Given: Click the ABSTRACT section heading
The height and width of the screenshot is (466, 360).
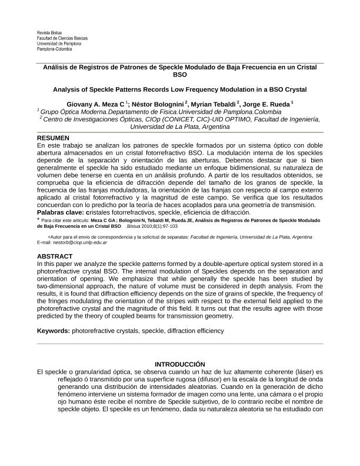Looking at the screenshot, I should pyautogui.click(x=55, y=257).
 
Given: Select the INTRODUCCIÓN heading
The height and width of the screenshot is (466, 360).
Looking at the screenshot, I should pyautogui.click(x=179, y=365).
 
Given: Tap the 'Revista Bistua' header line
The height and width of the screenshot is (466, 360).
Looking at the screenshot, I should pyautogui.click(x=49, y=33).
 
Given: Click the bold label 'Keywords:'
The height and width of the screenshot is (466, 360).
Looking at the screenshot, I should pyautogui.click(x=54, y=331).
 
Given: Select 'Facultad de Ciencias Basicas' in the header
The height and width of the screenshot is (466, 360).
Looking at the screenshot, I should pyautogui.click(x=62, y=38).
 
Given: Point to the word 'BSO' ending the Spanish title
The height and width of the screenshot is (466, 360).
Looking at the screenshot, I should pyautogui.click(x=180, y=75).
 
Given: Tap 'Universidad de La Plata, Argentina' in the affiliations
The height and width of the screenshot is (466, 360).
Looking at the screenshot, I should pyautogui.click(x=179, y=127).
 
